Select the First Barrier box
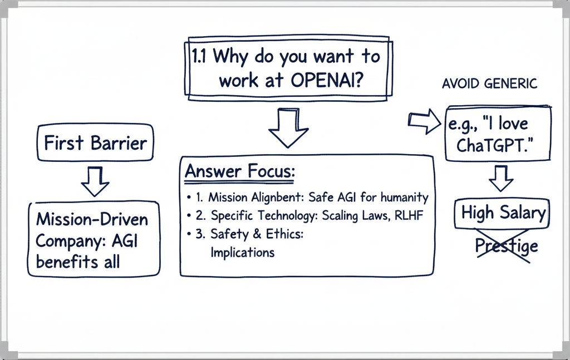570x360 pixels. [95, 143]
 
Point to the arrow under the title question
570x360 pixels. [288, 128]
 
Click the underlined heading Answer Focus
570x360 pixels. [239, 172]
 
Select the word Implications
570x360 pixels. [242, 252]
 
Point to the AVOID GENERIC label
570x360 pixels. [489, 84]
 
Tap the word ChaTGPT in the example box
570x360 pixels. [490, 146]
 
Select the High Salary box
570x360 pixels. [503, 213]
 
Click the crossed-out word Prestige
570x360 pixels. [507, 245]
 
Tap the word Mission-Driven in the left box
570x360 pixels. [92, 219]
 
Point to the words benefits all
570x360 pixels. [78, 262]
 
